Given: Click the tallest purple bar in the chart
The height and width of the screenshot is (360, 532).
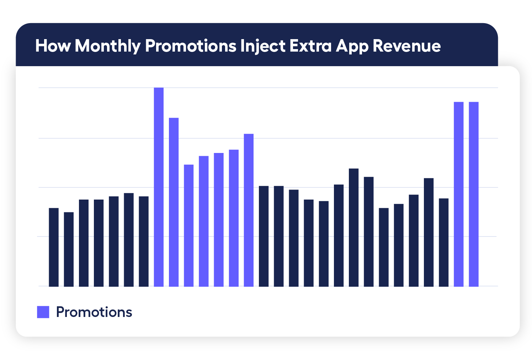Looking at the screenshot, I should coord(159,187).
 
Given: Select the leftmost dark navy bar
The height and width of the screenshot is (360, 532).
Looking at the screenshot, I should coord(54,247).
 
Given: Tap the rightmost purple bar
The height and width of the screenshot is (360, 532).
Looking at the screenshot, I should coord(473,194).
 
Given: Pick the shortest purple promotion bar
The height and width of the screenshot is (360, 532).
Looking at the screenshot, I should coord(188,225).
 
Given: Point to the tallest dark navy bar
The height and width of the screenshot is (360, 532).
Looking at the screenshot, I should coord(353,227).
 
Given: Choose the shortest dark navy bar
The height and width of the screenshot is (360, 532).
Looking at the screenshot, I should coord(69,249).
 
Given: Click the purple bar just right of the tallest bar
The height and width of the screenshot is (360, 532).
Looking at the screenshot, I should coord(174,202).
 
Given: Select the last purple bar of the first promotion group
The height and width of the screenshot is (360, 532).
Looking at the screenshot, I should coord(249,210).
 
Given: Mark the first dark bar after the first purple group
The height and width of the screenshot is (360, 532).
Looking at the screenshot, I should coord(264,236).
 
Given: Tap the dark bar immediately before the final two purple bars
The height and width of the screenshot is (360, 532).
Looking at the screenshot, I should coord(443,242).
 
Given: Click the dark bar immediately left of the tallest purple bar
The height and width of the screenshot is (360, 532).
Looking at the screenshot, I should coord(144,241).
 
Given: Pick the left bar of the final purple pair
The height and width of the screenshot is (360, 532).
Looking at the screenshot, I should coord(458,194).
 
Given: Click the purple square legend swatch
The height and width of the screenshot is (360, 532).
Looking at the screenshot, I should coord(43,312).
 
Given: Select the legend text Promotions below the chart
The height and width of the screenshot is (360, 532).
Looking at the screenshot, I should coord(94,312).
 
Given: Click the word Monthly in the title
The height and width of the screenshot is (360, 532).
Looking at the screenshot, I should coord(108,46).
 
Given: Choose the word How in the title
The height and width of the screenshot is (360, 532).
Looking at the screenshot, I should coord(53,46).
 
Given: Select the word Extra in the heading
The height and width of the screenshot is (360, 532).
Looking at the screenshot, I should coord(310,46).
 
